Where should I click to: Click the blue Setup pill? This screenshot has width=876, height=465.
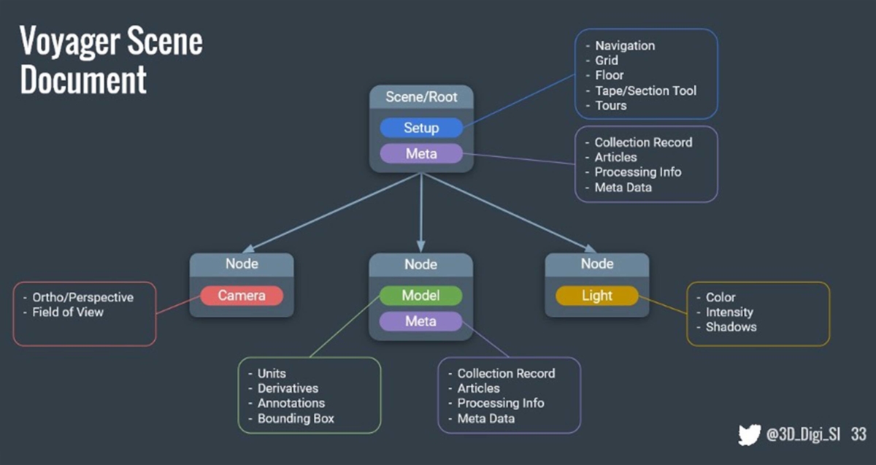tap(421, 128)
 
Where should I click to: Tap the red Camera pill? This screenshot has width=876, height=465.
tap(242, 295)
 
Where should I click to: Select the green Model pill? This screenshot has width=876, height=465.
tap(420, 295)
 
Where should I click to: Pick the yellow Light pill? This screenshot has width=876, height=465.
tap(597, 295)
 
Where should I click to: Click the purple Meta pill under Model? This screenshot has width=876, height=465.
tap(420, 321)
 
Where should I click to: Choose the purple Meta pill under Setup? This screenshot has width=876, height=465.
tap(421, 154)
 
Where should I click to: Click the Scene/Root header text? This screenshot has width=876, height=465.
tap(421, 97)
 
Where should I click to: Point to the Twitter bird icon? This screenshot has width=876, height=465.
tap(749, 434)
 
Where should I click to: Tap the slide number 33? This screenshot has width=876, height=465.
tap(858, 434)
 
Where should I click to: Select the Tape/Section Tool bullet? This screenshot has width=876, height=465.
tap(645, 91)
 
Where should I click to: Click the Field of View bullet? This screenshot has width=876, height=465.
tap(68, 312)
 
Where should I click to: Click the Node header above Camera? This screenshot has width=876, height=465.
tap(242, 264)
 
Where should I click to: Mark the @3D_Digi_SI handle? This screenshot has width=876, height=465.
tap(803, 434)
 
